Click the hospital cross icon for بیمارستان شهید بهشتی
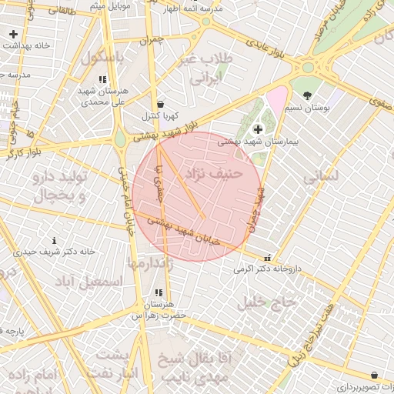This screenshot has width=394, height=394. tap(257, 129)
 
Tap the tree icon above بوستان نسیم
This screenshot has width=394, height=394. tap(308, 95)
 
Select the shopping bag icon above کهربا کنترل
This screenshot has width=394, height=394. tap(159, 104)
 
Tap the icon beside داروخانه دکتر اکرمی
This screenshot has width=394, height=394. tap(267, 259)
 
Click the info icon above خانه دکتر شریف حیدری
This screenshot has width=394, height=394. tap(54, 240)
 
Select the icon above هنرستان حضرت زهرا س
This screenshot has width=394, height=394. tap(158, 292)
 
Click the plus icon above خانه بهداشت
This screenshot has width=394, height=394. tap(14, 34)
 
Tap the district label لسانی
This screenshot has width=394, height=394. tap(321, 175)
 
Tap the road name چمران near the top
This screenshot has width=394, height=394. tap(152, 38)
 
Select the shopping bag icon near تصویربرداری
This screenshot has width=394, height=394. tap(374, 375)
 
